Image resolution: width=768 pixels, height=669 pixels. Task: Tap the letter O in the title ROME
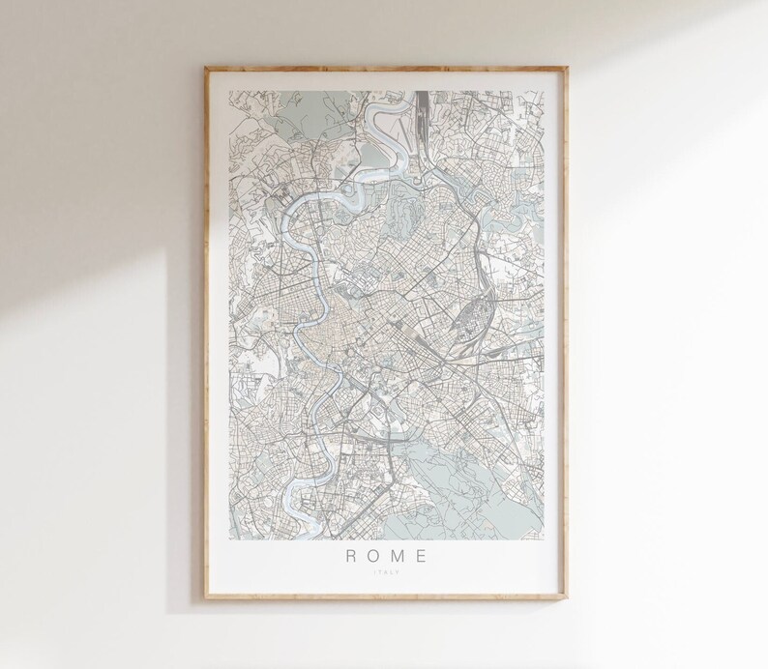(370, 555)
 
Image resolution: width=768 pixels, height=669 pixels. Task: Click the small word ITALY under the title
(385, 573)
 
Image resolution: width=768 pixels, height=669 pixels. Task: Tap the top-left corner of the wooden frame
(206, 66)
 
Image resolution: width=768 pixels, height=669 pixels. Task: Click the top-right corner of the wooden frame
(568, 66)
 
